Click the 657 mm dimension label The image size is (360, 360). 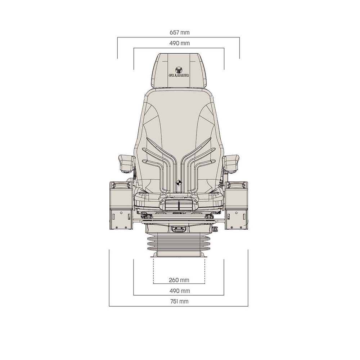click(x=179, y=32)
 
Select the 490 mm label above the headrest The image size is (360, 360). click(x=179, y=43)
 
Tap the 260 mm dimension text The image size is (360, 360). click(x=179, y=280)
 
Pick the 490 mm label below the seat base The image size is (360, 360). click(x=179, y=291)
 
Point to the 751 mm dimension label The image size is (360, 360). click(x=179, y=301)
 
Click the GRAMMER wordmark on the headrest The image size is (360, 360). click(x=179, y=76)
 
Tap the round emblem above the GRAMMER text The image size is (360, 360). click(x=179, y=69)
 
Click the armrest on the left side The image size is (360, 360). click(x=126, y=162)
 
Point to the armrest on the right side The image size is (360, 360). click(x=231, y=162)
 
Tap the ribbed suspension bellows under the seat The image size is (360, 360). click(x=179, y=245)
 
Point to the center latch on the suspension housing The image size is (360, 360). click(x=178, y=228)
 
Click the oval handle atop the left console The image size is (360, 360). click(x=120, y=185)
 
